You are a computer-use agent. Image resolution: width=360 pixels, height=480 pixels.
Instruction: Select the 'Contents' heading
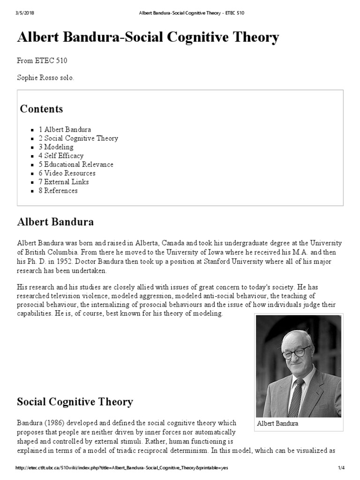(41, 109)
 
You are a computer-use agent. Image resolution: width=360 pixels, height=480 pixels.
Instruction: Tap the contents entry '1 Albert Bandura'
(65, 129)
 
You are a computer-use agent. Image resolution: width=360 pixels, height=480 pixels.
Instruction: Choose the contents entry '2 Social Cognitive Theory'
(78, 138)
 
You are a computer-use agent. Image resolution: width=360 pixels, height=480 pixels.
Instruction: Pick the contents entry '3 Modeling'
(56, 147)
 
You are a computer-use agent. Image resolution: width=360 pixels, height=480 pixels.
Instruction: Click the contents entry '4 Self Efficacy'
(61, 156)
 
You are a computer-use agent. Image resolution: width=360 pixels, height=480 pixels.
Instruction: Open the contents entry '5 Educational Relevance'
(76, 165)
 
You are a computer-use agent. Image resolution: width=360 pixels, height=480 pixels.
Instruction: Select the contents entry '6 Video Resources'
(67, 173)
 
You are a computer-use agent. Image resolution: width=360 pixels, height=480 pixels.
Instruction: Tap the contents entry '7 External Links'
(64, 182)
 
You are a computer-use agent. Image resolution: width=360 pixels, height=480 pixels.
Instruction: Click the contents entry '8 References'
(58, 191)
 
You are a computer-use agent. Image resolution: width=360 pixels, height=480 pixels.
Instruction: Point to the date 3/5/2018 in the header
(26, 13)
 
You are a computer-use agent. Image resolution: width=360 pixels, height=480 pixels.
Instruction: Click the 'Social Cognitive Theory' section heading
(75, 402)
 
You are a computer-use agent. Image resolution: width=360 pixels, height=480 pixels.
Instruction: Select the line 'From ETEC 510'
(45, 60)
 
